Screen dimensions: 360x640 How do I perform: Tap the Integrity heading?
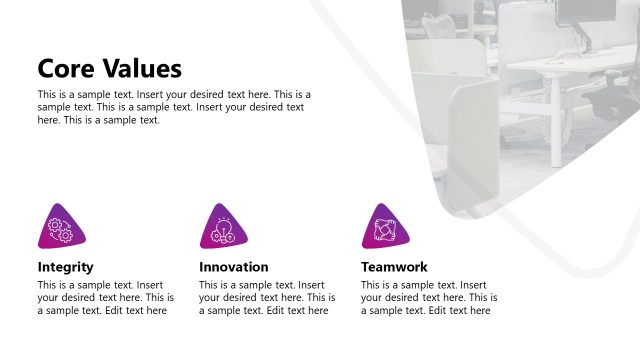click(65, 267)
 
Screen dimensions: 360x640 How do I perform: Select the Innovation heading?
click(233, 267)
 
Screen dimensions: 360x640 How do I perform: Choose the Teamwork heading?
click(394, 267)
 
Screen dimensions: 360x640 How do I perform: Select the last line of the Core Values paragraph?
click(98, 120)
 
